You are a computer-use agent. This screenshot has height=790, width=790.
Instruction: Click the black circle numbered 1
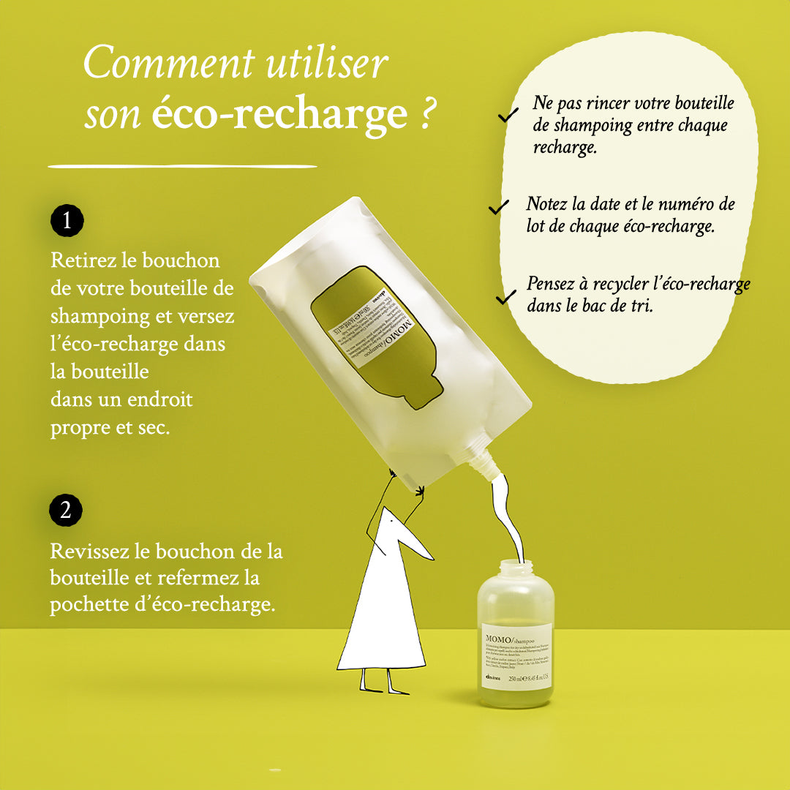pos(67,221)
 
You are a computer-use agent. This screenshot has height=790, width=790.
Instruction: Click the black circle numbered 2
pos(66,511)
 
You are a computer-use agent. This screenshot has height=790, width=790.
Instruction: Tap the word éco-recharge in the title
pos(279,114)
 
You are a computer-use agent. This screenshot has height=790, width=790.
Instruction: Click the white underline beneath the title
pos(182,166)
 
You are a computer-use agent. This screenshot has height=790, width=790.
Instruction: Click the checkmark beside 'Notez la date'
pos(499,208)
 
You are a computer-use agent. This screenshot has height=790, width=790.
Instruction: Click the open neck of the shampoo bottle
pos(516,567)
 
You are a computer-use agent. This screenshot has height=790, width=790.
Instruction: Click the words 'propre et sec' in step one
pos(110,428)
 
